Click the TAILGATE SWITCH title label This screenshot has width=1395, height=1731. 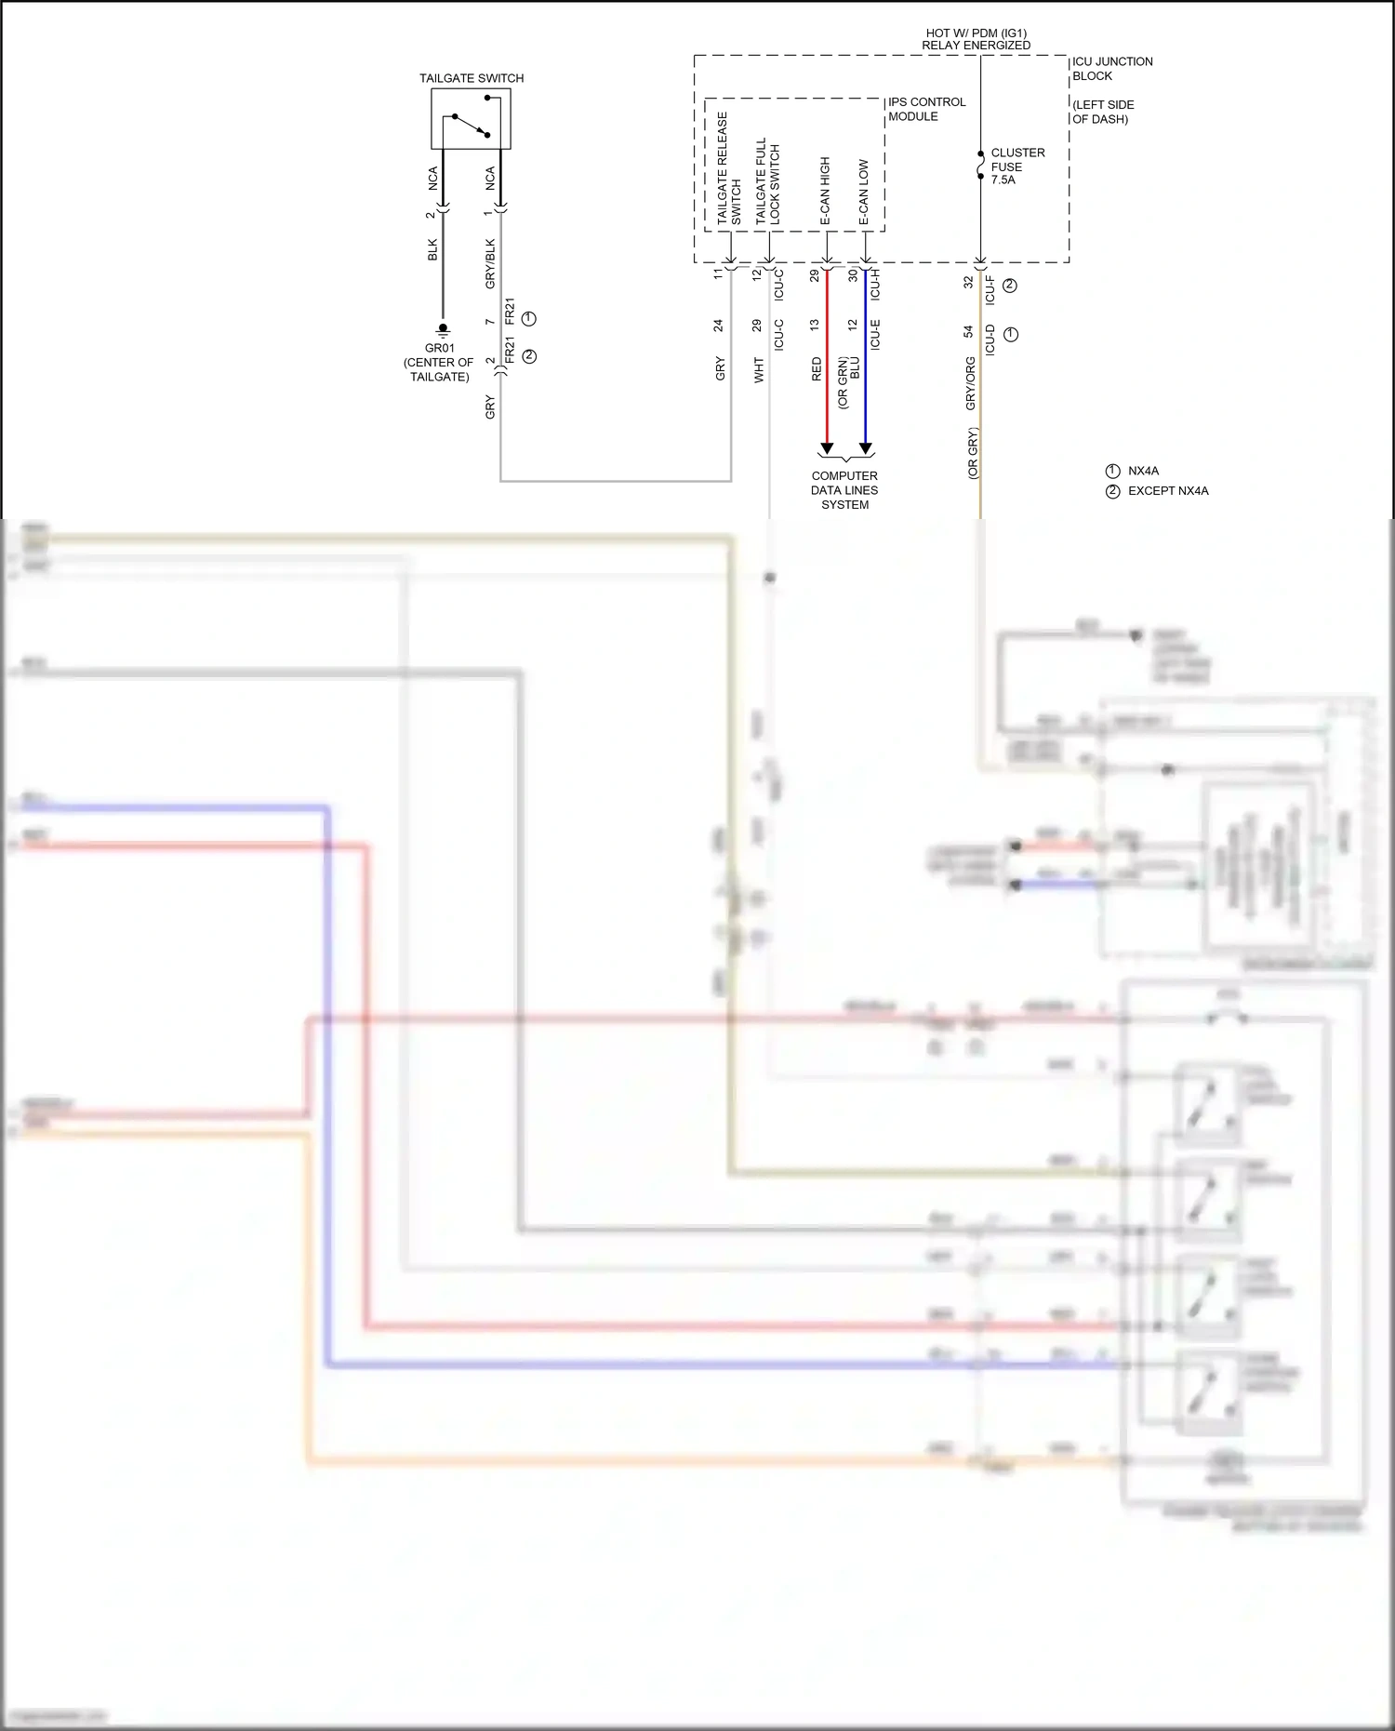point(471,78)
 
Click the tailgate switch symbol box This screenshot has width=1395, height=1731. point(471,119)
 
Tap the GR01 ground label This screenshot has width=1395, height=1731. point(439,349)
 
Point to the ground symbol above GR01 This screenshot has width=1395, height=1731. point(443,329)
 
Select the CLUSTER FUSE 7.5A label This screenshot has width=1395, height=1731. point(1017,166)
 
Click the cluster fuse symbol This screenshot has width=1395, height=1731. point(980,166)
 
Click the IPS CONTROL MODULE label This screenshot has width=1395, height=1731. point(926,109)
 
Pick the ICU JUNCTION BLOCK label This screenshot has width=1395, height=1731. point(1111,69)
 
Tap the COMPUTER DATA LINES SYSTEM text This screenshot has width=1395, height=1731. point(844,490)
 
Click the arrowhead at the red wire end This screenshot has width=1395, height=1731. point(827,449)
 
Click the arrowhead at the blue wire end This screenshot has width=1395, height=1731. point(866,449)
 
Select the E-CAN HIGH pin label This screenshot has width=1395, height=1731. point(825,191)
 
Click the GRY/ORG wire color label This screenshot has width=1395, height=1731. point(971,383)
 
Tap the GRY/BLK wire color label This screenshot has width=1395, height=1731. point(491,264)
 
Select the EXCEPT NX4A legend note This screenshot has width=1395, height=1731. point(1167,491)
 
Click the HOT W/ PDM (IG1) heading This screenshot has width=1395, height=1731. point(976,33)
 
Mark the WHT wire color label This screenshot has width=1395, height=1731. point(759,369)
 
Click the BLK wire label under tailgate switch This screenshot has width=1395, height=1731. point(432,250)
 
